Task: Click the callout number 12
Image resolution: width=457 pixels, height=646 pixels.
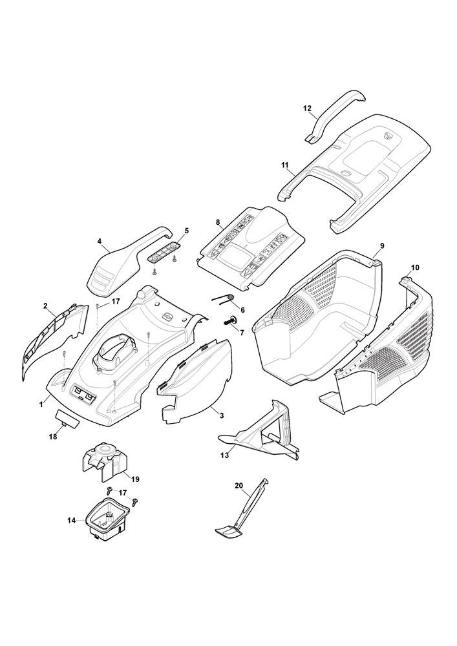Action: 307,109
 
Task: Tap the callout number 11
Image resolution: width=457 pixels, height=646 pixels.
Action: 284,166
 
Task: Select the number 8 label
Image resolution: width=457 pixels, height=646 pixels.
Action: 218,222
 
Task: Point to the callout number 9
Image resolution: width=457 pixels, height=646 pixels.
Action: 382,245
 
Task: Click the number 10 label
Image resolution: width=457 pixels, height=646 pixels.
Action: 414,267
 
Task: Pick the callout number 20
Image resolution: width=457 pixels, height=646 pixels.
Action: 239,485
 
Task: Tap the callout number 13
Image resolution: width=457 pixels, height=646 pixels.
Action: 224,455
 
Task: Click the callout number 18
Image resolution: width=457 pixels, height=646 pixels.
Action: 52,437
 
